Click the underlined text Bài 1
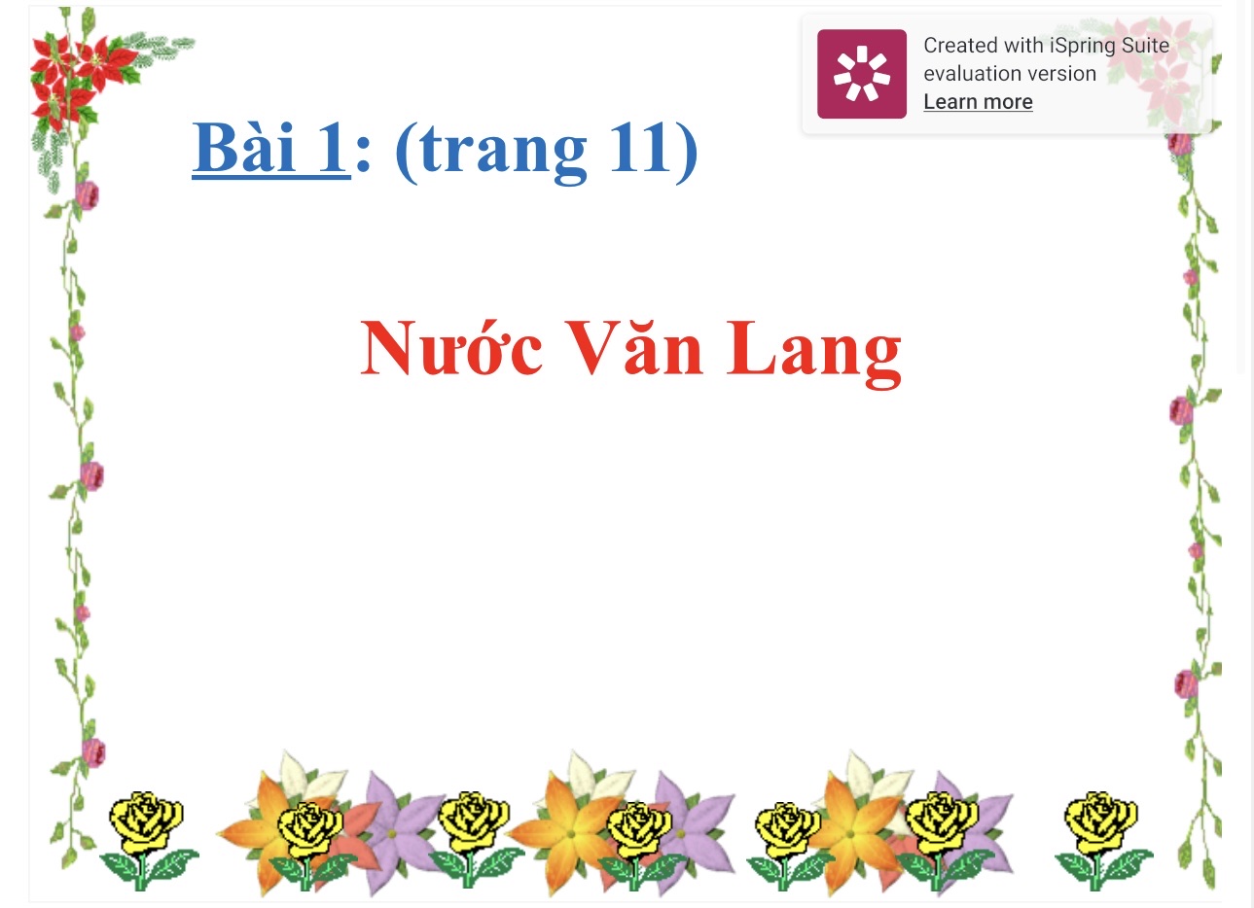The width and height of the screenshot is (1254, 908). [271, 149]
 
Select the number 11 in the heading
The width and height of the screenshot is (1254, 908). [639, 147]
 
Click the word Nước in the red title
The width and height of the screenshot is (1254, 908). [451, 347]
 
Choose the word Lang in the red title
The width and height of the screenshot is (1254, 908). [814, 354]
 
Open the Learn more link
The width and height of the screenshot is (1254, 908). [978, 102]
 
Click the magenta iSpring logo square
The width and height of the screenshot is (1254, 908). [862, 74]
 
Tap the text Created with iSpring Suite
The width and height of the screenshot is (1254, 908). [1047, 46]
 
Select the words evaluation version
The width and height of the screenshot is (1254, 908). [1010, 74]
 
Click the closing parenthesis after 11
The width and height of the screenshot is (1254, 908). [687, 151]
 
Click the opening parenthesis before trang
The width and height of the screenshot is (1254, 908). [407, 151]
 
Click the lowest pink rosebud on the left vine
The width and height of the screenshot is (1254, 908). [93, 752]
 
